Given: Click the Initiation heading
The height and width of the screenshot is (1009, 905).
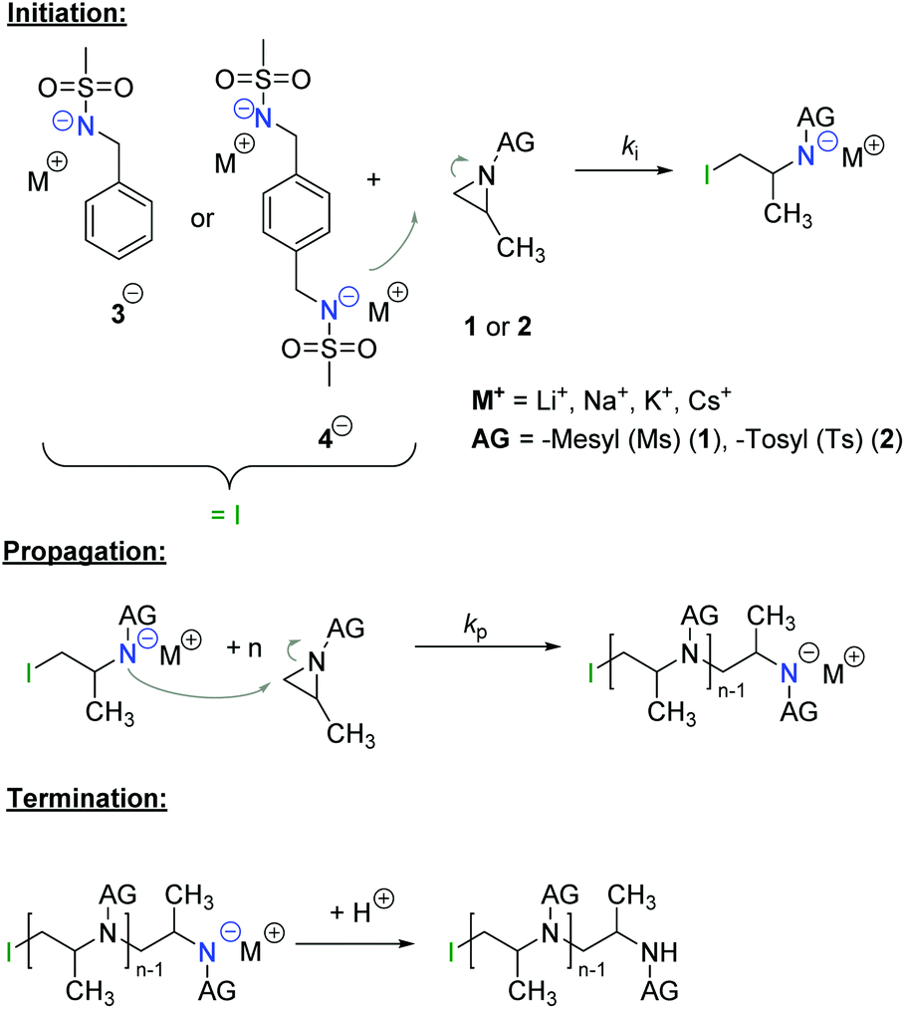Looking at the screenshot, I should point(65,15).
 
